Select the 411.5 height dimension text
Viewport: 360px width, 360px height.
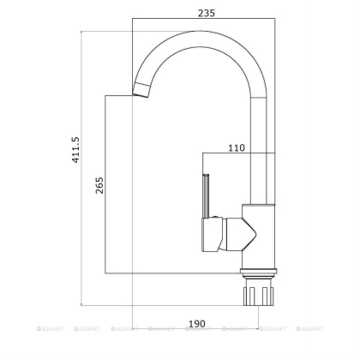pos(75,149)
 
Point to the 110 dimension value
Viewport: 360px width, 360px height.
pos(237,147)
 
